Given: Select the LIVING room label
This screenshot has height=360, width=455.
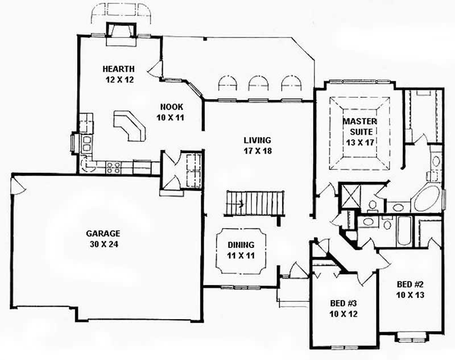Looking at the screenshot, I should tap(257, 140).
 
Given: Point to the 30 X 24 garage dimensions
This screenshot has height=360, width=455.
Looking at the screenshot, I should tap(102, 244).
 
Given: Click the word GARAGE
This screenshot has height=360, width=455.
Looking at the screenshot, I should tap(102, 233).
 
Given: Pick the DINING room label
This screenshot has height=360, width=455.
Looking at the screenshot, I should tap(241, 245).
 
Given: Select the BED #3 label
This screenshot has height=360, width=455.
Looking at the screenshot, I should tap(343, 303).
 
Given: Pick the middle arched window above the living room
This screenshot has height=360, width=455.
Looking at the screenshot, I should tap(258, 84).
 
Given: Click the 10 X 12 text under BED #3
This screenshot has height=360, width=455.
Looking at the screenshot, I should tap(343, 313).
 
